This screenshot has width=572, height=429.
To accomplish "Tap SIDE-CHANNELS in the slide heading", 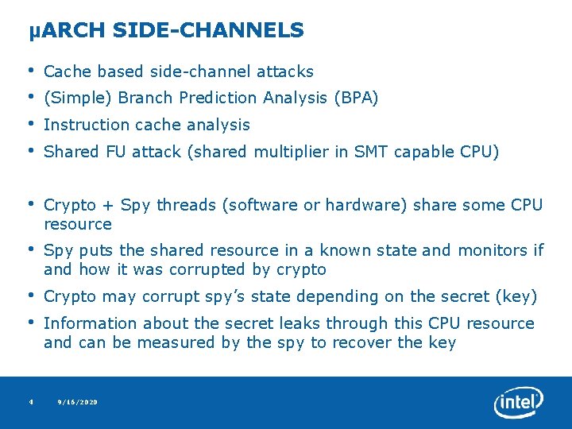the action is pos(208,31).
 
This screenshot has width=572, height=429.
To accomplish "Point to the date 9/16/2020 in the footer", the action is pos(78,403).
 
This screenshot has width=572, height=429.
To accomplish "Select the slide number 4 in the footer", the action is pos(30,403).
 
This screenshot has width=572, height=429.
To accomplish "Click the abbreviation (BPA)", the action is pos(356,99).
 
